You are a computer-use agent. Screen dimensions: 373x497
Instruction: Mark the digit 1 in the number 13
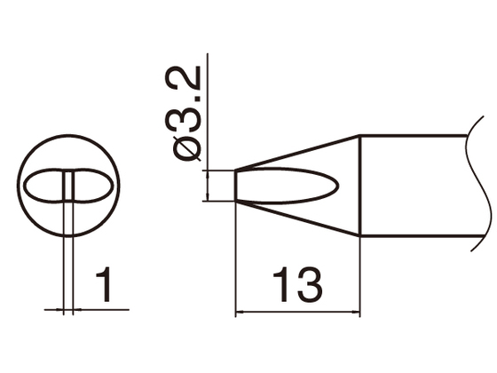pos(282,286)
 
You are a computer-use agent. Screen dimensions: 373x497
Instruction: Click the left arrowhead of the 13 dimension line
pos(240,313)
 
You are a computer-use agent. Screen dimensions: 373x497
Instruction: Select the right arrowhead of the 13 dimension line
pos(354,313)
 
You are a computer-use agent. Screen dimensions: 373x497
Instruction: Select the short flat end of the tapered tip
pos(235,186)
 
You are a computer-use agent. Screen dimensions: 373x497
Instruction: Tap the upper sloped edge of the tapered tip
pos(297,152)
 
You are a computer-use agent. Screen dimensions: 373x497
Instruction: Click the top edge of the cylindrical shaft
pos(413,135)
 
